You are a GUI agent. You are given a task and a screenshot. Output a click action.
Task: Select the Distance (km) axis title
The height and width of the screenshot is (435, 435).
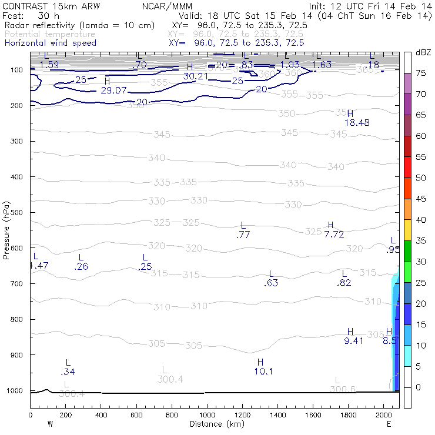click(x=215, y=424)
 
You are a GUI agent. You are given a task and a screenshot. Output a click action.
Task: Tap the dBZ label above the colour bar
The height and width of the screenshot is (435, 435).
click(x=423, y=53)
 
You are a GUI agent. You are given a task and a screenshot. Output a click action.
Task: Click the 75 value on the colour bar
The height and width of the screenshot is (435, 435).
click(x=421, y=73)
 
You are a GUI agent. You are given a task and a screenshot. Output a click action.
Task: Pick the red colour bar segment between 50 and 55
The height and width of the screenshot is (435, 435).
click(x=408, y=167)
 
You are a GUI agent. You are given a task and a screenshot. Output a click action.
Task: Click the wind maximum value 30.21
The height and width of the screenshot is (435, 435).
click(x=196, y=76)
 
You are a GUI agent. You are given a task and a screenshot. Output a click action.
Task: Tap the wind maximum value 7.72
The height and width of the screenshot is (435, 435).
click(x=334, y=234)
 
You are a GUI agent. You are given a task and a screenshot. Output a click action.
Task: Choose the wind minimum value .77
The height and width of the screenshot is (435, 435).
click(x=243, y=235)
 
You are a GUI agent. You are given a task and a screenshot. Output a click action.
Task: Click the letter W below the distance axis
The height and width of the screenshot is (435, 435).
click(x=49, y=424)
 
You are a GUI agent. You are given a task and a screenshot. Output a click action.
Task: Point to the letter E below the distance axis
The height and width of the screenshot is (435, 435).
click(x=389, y=424)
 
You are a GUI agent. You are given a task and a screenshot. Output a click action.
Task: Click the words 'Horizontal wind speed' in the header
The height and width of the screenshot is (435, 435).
click(x=50, y=43)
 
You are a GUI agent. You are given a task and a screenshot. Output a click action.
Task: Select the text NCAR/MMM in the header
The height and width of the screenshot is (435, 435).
click(x=167, y=6)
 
